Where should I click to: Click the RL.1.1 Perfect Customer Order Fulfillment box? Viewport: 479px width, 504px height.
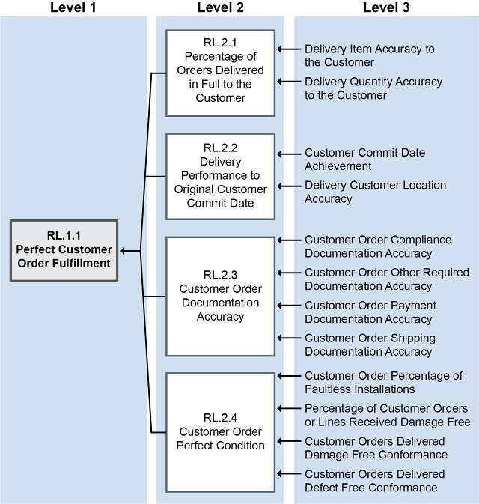pos(64,250)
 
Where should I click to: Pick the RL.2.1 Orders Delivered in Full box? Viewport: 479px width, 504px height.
pos(220,73)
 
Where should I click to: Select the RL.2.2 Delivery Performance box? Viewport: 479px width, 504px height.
pos(220,176)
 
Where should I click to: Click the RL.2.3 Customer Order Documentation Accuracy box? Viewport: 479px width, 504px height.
pos(220,296)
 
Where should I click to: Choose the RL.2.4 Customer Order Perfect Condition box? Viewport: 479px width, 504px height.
pos(220,431)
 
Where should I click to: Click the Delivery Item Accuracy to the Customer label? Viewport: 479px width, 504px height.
pos(369,55)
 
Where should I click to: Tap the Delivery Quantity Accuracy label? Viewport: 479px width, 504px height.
pos(373,88)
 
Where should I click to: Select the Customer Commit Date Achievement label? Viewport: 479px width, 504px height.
pos(364,160)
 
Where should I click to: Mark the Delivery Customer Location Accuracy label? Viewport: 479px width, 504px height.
pos(375,192)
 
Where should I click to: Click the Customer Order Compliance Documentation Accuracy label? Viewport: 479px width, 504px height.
pos(378,246)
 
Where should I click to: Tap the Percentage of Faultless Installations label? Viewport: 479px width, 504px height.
pos(383,383)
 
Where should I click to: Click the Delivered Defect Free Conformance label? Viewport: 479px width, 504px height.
pos(374,481)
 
